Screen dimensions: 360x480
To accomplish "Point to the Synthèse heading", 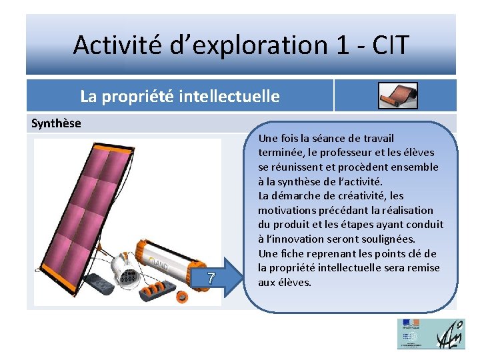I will click(x=57, y=123).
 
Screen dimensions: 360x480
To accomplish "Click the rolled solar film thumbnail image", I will click(x=398, y=96).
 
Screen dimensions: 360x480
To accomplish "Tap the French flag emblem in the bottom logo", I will click(x=409, y=325).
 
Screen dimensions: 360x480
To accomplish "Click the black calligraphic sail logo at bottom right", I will click(x=451, y=333).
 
